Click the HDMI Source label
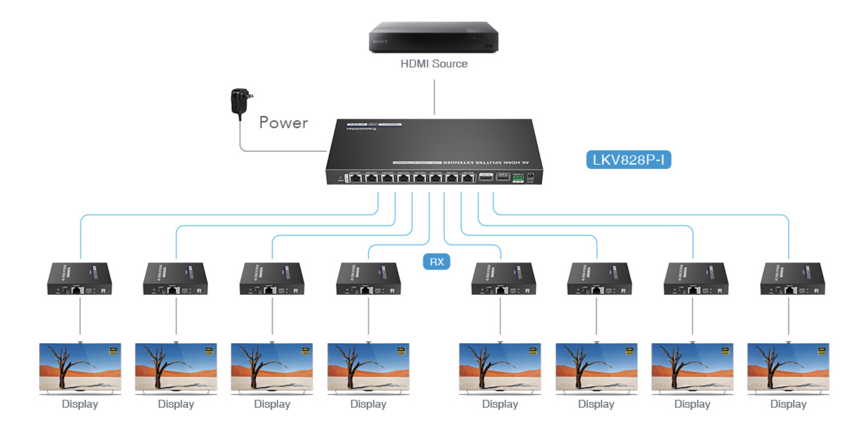[434, 64]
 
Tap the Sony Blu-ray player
[434, 37]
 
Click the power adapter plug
[241, 101]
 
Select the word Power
[283, 123]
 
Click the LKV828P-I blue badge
[629, 160]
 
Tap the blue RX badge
[436, 262]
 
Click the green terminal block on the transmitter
[518, 177]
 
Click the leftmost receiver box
[79, 279]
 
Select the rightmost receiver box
[792, 279]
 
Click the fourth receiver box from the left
[368, 279]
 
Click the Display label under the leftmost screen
[80, 404]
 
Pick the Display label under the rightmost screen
[788, 404]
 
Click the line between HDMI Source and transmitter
[434, 97]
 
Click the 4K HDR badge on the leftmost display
[113, 351]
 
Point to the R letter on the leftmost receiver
[103, 291]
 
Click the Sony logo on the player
[380, 42]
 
